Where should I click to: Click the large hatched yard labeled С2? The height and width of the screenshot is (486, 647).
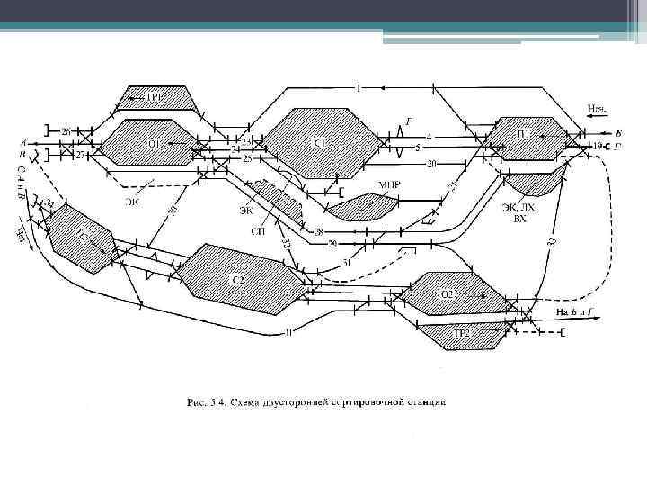(238, 279)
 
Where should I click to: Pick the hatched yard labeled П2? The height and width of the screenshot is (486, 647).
(81, 236)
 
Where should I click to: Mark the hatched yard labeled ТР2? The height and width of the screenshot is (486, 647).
(461, 334)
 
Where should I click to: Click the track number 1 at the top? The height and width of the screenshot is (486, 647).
(357, 87)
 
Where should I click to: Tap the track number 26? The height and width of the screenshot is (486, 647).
(66, 131)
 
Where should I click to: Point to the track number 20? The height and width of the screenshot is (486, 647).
(431, 164)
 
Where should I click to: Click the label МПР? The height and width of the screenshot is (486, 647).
(389, 186)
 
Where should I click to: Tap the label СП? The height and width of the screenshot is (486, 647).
(258, 230)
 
